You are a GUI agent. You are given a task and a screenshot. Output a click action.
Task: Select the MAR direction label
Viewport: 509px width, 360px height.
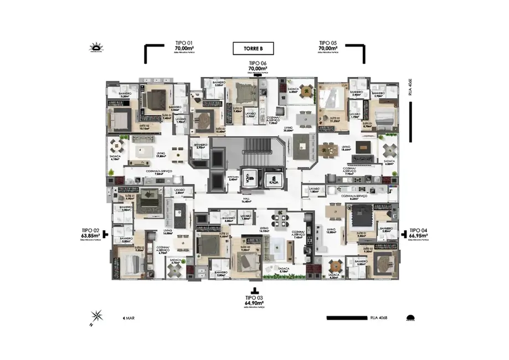coord(128,318)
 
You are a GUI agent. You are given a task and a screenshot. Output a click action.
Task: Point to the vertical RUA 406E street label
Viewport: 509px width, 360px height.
coord(410,89)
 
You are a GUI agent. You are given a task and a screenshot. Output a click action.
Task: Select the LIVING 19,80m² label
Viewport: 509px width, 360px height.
coord(161,155)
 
